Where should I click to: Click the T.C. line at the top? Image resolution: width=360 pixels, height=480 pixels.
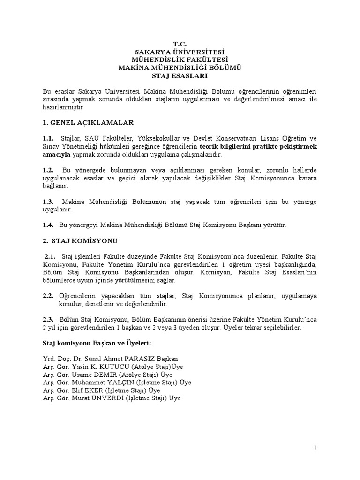point(180,44)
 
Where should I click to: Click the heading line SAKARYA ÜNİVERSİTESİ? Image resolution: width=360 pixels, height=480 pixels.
point(180,52)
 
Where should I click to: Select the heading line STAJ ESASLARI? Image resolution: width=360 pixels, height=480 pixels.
point(180,75)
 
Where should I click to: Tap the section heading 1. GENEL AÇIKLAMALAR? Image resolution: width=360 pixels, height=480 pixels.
point(88,123)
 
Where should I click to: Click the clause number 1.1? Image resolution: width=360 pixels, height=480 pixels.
point(49,138)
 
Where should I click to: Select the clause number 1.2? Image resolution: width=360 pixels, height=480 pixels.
point(49,170)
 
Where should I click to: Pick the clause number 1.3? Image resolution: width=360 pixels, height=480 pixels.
point(49,202)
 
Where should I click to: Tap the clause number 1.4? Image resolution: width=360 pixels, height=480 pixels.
point(49,225)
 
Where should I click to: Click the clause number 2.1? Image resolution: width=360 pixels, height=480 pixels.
point(50,257)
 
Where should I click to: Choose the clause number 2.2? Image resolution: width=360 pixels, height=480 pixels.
point(49,296)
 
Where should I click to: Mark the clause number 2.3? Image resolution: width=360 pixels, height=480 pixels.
point(49,320)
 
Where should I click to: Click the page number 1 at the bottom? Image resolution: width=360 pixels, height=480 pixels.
point(316,449)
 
